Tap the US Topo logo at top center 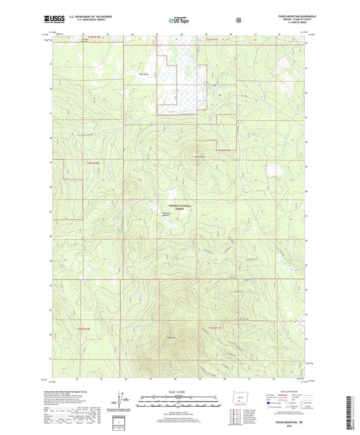(x=179, y=21)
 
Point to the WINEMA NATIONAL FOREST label (x=177, y=208)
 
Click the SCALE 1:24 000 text (x=179, y=392)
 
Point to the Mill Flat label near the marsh (x=143, y=74)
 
